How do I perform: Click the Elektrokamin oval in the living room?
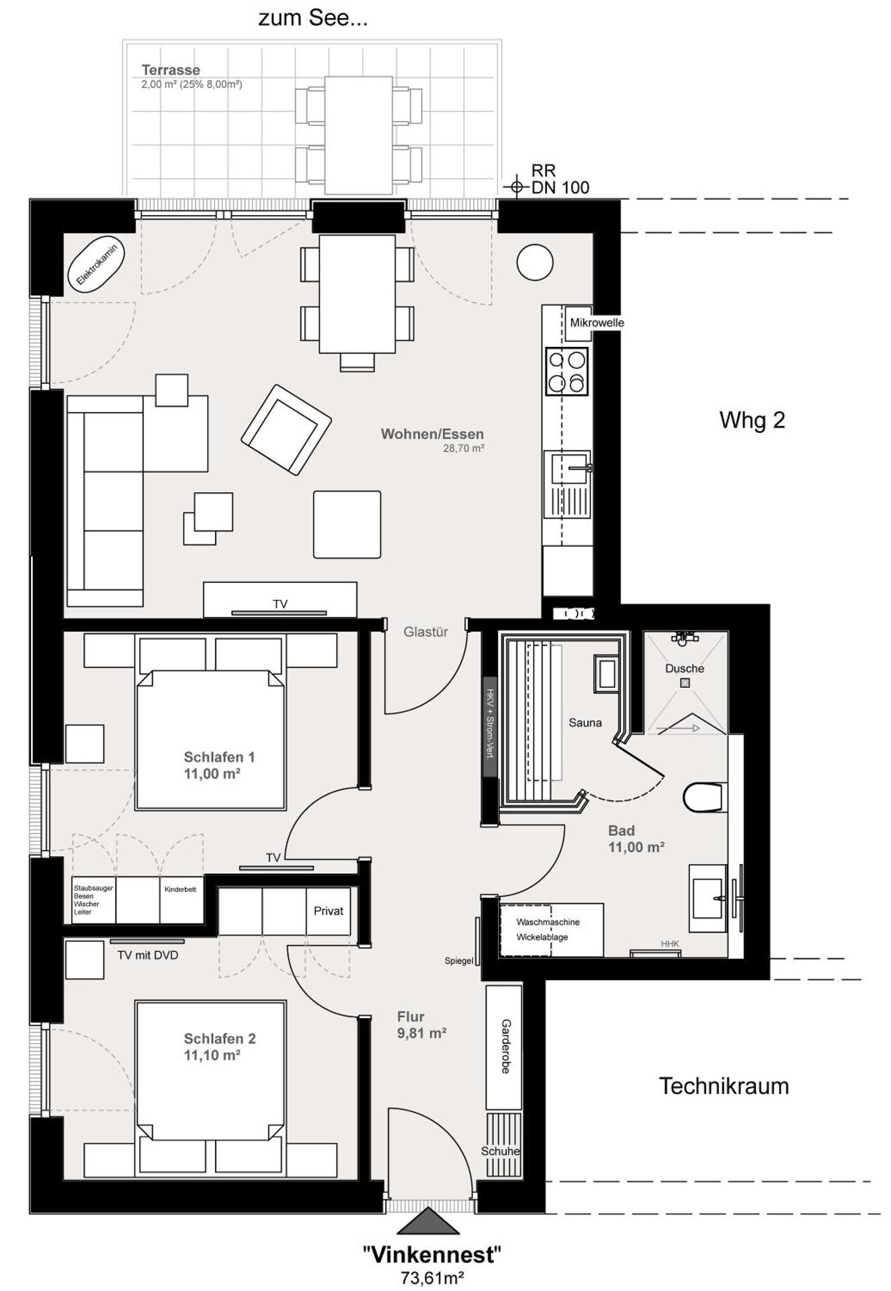(x=97, y=265)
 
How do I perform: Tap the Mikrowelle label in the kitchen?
(x=597, y=323)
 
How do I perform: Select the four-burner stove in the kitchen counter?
(x=566, y=371)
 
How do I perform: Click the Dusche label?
(x=684, y=668)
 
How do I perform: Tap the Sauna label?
(x=585, y=723)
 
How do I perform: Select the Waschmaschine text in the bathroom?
(x=548, y=922)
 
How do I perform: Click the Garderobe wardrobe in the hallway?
(x=504, y=1047)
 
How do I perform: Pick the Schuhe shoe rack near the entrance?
(x=501, y=1151)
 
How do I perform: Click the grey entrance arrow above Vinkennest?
(x=428, y=1222)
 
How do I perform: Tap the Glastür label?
(x=425, y=632)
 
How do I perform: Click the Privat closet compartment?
(x=328, y=911)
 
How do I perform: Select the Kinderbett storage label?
(x=180, y=890)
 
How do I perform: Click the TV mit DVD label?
(x=147, y=955)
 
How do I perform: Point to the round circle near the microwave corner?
(x=535, y=262)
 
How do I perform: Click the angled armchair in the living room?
(x=286, y=430)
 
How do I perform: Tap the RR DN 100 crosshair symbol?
(x=516, y=186)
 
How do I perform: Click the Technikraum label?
(x=723, y=1086)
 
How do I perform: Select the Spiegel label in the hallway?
(x=458, y=961)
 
